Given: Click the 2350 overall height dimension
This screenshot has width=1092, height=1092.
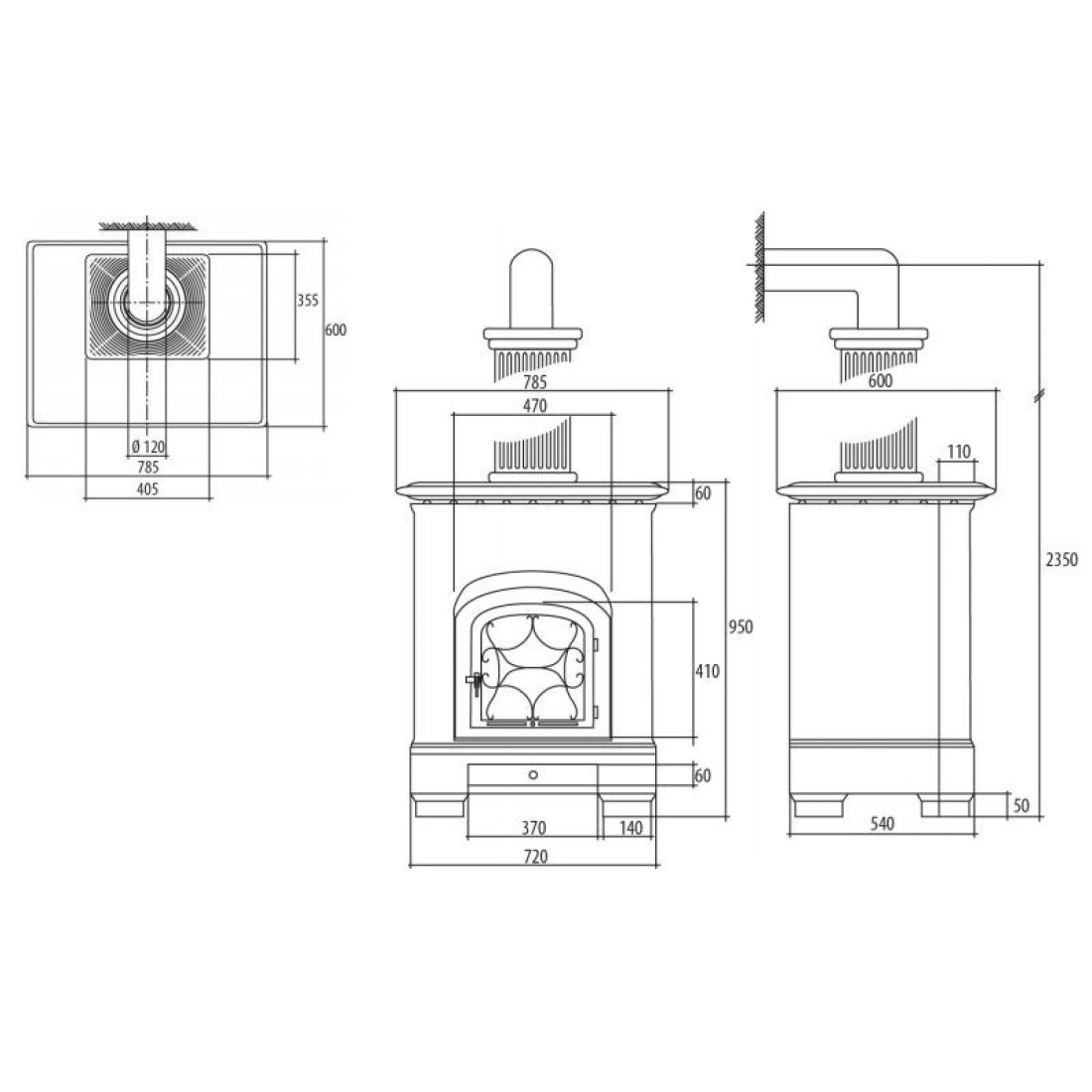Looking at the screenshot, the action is point(1061,559).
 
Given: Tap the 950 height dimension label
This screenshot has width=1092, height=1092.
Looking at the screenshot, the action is point(741,626).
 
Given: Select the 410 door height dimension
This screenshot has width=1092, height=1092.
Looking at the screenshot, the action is point(707,671).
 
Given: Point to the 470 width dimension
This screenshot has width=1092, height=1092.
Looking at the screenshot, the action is point(534,405).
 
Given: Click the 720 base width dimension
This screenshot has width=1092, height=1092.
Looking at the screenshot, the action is point(535,857).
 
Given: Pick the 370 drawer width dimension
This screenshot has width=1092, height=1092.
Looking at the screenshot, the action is point(534,828).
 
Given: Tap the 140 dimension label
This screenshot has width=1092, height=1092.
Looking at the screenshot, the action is point(630,828).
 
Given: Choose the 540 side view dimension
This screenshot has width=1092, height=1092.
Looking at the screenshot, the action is point(882,824).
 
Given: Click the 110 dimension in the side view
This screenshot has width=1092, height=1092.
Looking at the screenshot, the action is point(958,452).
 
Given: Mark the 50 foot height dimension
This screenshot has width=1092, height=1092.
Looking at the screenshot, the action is point(1021,806).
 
